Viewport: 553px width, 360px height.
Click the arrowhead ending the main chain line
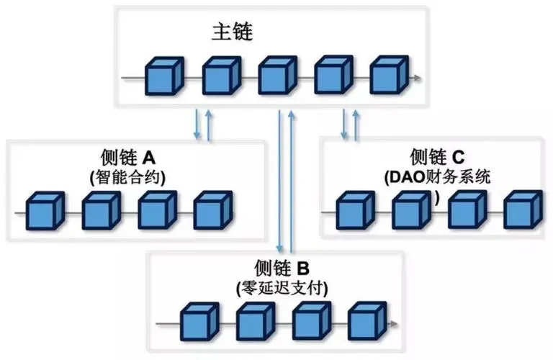pos(421,77)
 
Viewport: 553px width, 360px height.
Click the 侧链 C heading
pos(438,156)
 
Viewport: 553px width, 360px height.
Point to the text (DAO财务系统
pos(438,177)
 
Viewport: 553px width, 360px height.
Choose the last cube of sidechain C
pos(522,210)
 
